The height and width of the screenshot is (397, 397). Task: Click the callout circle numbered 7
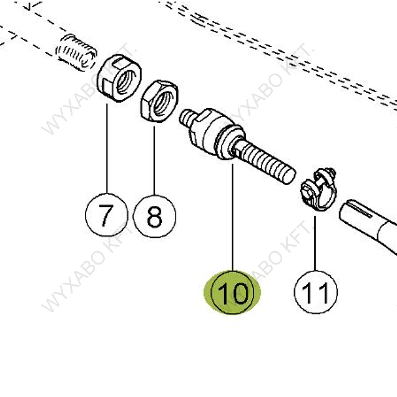point(106,215)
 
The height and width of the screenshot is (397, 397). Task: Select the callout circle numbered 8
point(154,216)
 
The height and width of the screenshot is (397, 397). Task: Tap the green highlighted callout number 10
point(233,292)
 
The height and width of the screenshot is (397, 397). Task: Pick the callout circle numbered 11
point(315,292)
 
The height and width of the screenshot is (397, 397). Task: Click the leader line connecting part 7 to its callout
point(107,147)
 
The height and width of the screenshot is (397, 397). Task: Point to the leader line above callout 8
point(154,159)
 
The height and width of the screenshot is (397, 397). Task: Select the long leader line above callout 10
point(233,217)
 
